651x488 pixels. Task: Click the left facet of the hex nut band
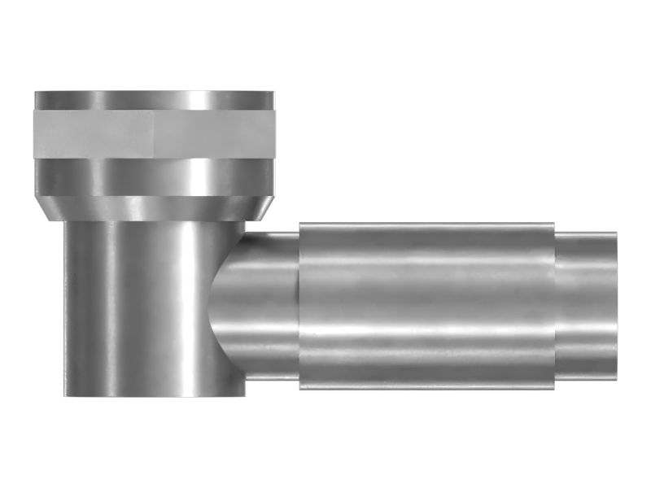coord(94,133)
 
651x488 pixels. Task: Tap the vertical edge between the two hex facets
coord(154,133)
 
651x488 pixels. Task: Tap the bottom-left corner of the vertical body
coord(65,396)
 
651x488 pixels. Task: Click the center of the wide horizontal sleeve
coord(427,305)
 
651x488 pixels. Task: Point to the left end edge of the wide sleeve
coord(299,305)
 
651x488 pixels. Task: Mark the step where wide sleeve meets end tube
coord(555,305)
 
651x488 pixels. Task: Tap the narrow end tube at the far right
coord(586,305)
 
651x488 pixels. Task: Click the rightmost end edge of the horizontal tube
coord(616,305)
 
